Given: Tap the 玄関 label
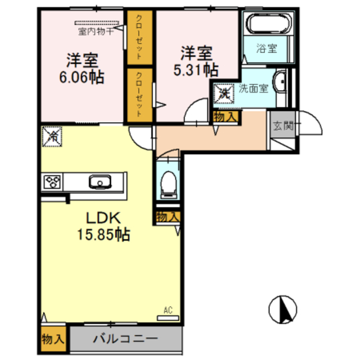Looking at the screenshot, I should [x=283, y=125].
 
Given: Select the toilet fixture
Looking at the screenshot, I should [x=168, y=183].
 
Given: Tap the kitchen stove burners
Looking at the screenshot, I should [x=52, y=182].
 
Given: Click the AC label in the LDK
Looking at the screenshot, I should [x=167, y=310].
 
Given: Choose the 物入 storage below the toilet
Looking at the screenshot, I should [x=168, y=217].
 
